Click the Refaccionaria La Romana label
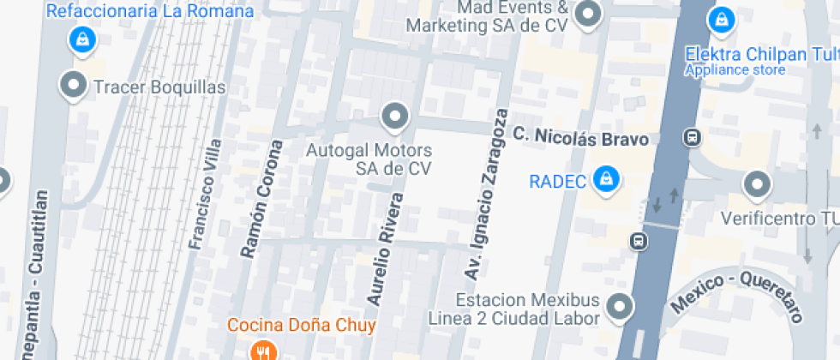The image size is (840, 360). tap(150, 12)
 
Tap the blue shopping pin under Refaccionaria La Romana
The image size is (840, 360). tap(81, 38)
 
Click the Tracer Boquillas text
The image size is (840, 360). tap(159, 87)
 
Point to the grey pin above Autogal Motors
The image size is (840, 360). tap(394, 116)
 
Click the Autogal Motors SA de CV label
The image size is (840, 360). tap(369, 159)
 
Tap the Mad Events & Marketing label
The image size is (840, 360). tap(487, 16)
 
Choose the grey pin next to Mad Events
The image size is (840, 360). tap(588, 14)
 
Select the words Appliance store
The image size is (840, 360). tap(735, 70)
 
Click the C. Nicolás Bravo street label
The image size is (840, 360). tap(580, 137)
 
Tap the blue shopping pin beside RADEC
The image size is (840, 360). tap(607, 178)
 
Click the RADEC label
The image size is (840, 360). tap(557, 182)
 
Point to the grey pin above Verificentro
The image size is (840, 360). tap(757, 183)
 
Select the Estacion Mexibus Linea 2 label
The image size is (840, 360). tap(526, 309)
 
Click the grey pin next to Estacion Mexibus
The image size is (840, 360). tap(619, 305)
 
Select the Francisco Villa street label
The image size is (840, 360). tap(206, 195)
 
